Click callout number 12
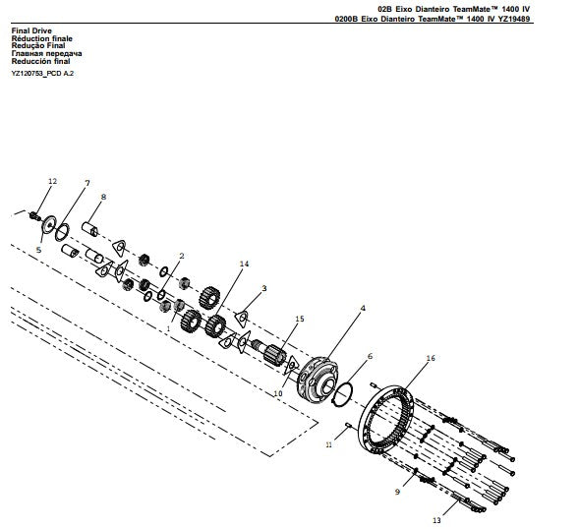[x=52, y=181]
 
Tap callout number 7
[x=87, y=183]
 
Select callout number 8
[x=103, y=197]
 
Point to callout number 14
[x=244, y=264]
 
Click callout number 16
[x=431, y=358]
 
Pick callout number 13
[x=436, y=520]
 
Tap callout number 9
[x=397, y=492]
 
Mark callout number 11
[x=328, y=444]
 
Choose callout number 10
[x=277, y=393]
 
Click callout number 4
[x=363, y=308]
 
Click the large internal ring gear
[x=386, y=421]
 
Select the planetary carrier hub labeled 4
[x=318, y=378]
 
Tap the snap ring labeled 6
[x=343, y=395]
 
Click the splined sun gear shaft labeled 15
[x=269, y=351]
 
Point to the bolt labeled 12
[x=34, y=215]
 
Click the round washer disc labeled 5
[x=48, y=224]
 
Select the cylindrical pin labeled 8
[x=89, y=229]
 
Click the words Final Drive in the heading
[x=31, y=30]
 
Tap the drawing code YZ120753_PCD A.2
[x=42, y=74]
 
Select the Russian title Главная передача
[x=46, y=53]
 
